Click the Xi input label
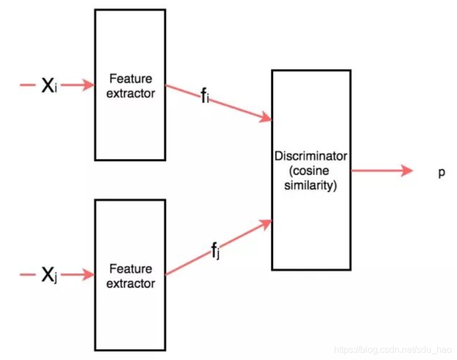(49, 86)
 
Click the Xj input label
(49, 276)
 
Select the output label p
(441, 172)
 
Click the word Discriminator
(311, 156)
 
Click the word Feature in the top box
(130, 79)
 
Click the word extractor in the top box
(130, 93)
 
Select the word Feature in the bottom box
(130, 269)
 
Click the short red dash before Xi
(27, 85)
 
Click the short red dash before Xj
(27, 275)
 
